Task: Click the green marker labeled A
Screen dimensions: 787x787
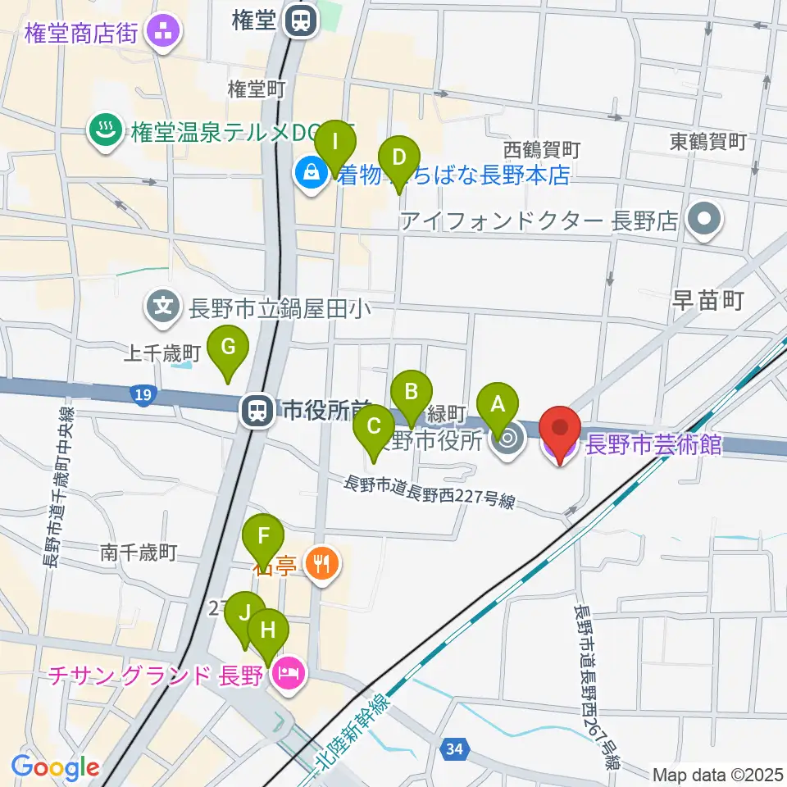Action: pos(498,404)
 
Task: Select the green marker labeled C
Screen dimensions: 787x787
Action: pos(374,427)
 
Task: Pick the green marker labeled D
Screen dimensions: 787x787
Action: pos(399,157)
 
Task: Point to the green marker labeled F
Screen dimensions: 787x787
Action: pos(264,537)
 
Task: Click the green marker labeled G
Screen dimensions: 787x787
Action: pos(229,348)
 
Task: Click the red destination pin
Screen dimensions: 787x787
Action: pos(560,430)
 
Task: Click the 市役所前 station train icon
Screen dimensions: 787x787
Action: pos(257,410)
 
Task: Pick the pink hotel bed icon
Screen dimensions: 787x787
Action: pos(289,676)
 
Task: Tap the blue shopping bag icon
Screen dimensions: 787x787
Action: pos(312,175)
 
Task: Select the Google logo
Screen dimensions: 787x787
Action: pos(55,767)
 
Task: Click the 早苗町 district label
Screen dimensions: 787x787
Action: pos(707,302)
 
